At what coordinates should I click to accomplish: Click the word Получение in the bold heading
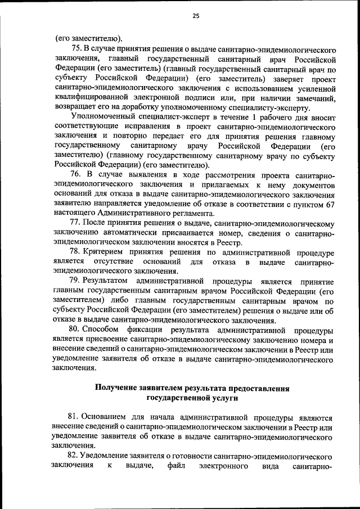point(121,388)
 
